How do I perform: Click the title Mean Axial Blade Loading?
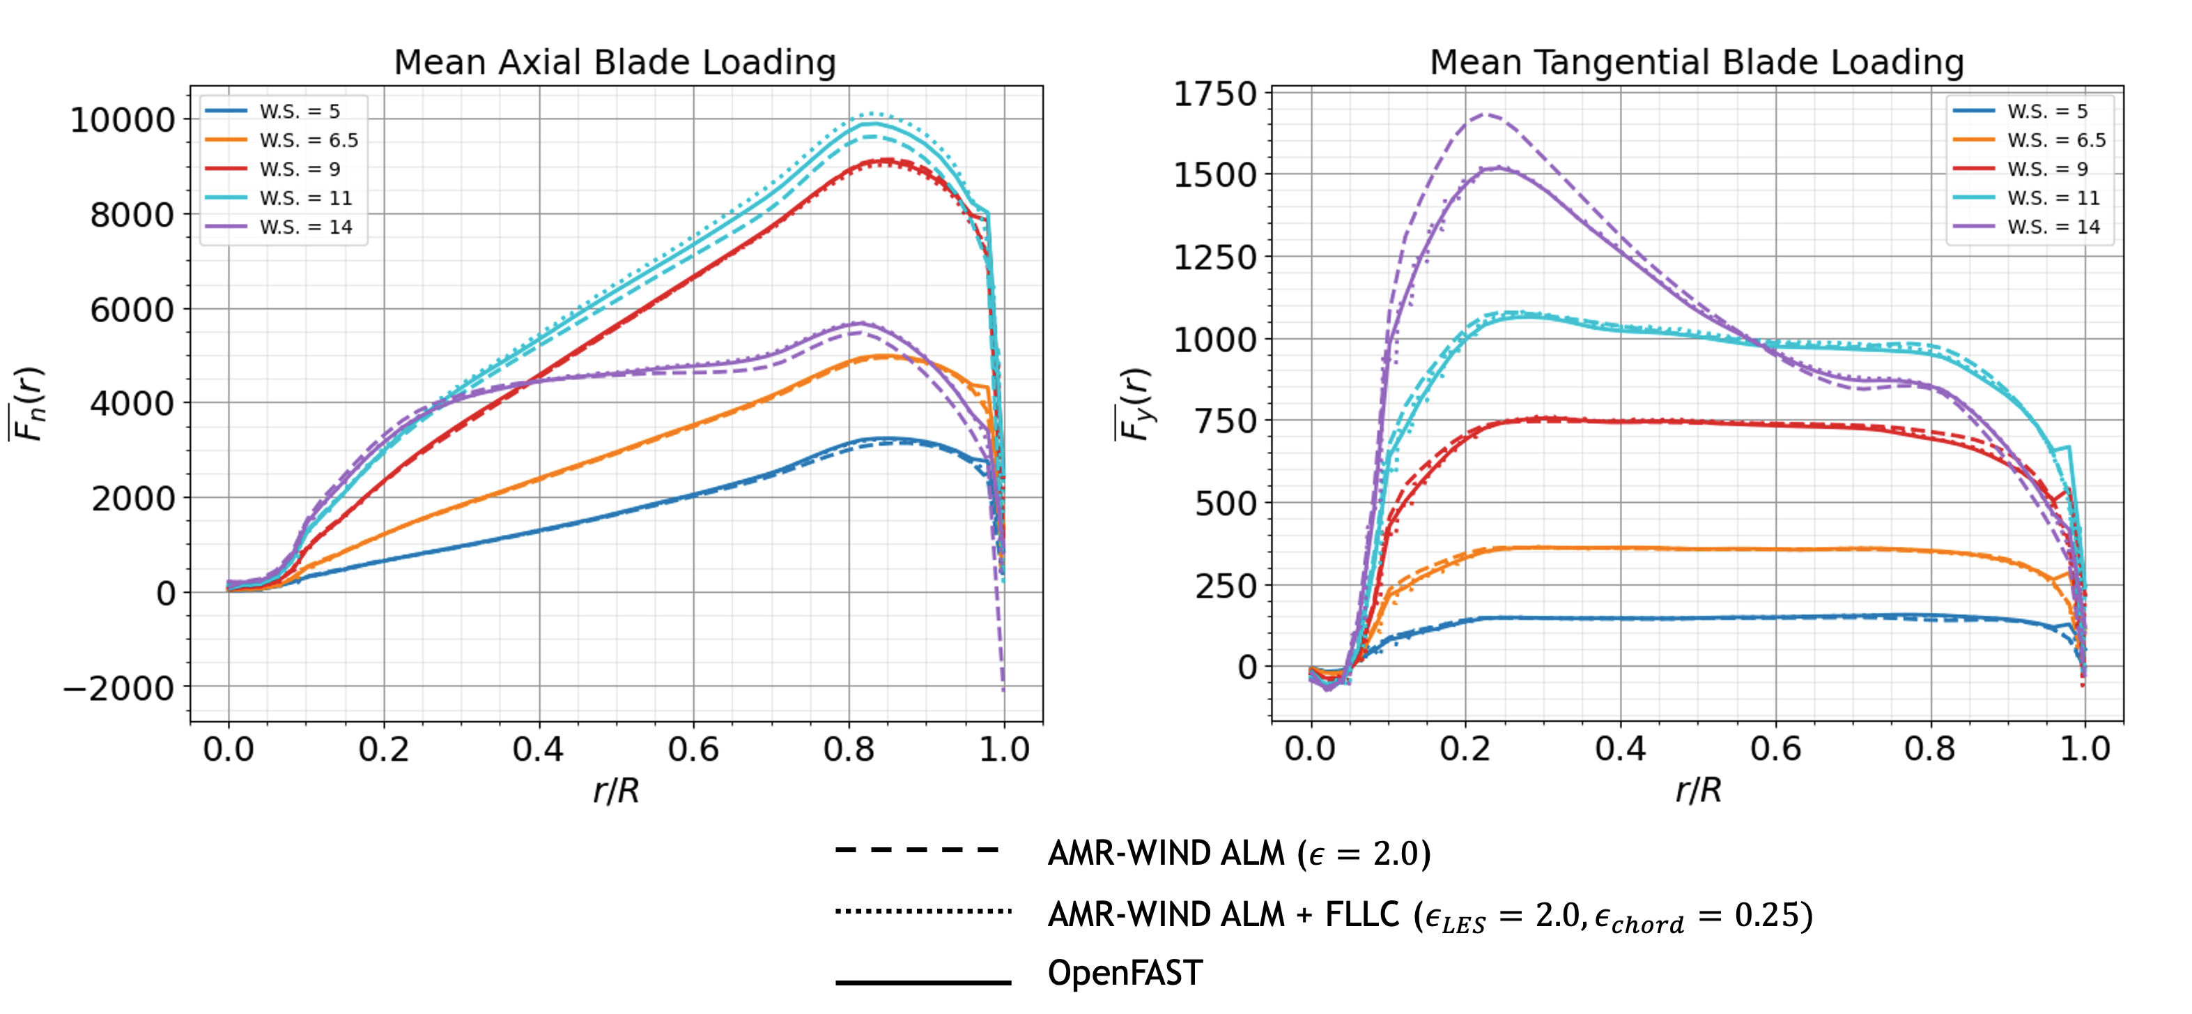[x=615, y=62]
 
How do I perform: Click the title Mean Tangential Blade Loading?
[x=1696, y=62]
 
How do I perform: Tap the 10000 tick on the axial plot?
[x=123, y=120]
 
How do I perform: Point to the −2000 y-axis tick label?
[x=119, y=688]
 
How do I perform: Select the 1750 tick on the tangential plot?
[x=1214, y=93]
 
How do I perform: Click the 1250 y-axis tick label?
[x=1214, y=257]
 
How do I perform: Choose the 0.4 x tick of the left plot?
[x=538, y=749]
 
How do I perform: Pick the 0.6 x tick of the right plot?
[x=1775, y=749]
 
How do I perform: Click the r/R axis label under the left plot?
[x=616, y=790]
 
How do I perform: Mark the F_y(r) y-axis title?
[x=1134, y=404]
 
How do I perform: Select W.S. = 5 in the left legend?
[x=300, y=112]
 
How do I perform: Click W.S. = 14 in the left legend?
[x=305, y=227]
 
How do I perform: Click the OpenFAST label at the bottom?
[x=1125, y=973]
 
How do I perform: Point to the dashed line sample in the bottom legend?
[x=918, y=849]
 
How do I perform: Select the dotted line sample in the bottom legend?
[x=923, y=911]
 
